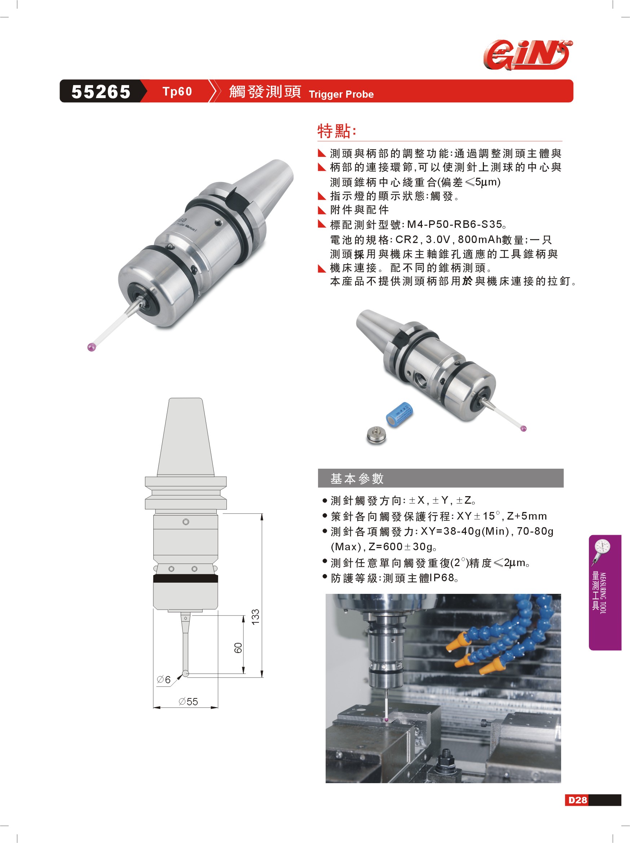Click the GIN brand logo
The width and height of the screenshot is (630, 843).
coord(528,55)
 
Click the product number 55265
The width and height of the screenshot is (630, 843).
coord(101,92)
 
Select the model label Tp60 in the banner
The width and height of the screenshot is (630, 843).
coord(177,92)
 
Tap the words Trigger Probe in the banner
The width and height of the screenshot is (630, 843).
coord(341,94)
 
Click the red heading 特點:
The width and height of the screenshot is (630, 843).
coord(337,131)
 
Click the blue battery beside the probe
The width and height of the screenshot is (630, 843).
coord(400,414)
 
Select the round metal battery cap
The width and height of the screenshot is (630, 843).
coord(376,435)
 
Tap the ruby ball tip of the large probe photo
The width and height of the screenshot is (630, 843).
coord(92,347)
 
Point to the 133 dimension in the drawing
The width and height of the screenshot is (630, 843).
coord(255,617)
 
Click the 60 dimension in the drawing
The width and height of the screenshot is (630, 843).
coord(238,648)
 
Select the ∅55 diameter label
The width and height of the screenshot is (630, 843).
coord(188,702)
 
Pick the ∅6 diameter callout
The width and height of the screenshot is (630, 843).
coord(163,680)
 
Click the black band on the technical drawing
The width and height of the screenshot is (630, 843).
coord(186,578)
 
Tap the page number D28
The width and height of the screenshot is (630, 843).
coord(578,800)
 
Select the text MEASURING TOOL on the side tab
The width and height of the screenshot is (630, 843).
coord(603,593)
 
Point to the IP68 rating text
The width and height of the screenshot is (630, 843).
coord(442,578)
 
